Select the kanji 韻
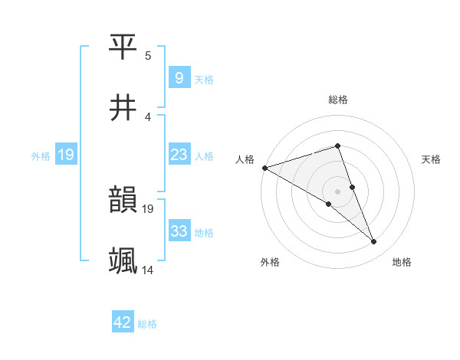(x=123, y=201)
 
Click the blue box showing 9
(x=179, y=78)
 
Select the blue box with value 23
(x=179, y=155)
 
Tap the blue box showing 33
(x=179, y=231)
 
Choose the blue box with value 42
(x=123, y=323)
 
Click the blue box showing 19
(x=66, y=155)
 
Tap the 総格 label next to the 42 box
(x=147, y=324)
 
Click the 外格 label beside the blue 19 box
(x=41, y=156)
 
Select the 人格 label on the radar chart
(x=245, y=159)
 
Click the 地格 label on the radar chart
(x=402, y=262)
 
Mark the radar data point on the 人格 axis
(x=264, y=167)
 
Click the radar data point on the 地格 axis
(x=374, y=241)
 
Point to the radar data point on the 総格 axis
(x=337, y=146)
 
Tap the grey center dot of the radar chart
(x=337, y=191)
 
